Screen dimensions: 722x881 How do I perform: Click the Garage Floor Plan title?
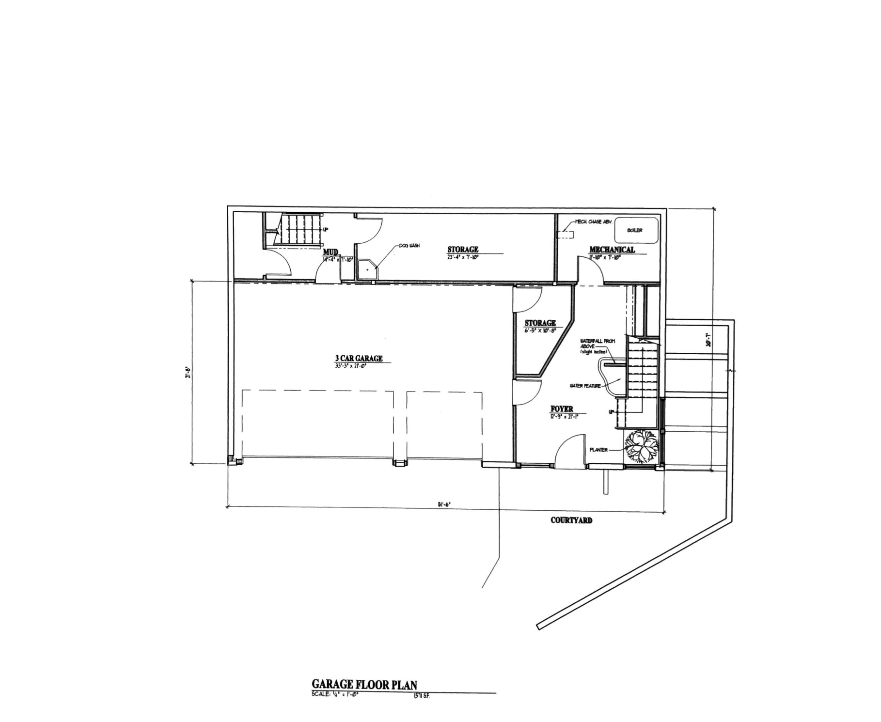coord(364,684)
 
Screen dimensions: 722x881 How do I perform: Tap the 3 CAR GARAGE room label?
coord(359,359)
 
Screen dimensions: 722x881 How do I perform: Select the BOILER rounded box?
coord(636,230)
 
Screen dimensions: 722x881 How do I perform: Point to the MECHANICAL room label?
coord(612,250)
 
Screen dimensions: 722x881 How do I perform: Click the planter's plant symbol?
coord(641,446)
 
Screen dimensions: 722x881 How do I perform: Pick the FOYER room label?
coord(562,409)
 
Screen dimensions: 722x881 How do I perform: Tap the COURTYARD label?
coord(571,520)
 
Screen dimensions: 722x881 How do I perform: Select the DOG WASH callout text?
coord(409,246)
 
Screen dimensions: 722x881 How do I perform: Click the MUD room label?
coord(330,252)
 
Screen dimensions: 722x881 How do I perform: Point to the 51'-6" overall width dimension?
coord(444,504)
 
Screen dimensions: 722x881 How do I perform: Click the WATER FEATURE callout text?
coord(585,386)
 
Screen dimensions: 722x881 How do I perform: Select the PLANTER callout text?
coord(598,450)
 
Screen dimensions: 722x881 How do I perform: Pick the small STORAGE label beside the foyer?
coord(540,323)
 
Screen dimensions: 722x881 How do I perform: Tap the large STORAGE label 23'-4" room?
coord(463,250)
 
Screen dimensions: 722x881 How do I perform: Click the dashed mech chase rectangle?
coord(565,235)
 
